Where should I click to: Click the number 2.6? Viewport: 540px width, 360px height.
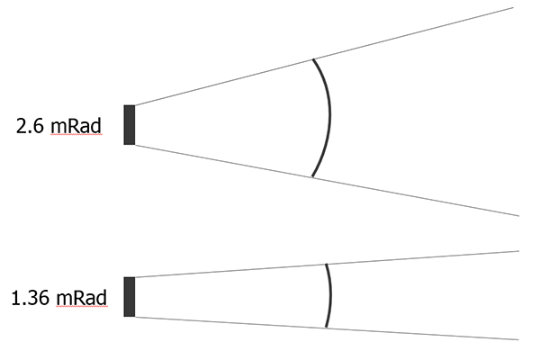coord(30,126)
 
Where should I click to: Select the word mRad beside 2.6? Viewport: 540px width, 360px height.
coord(76,126)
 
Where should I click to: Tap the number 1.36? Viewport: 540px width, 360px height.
coord(31,298)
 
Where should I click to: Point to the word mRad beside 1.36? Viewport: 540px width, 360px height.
coord(81,298)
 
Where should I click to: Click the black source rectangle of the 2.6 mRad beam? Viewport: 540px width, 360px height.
coord(130,125)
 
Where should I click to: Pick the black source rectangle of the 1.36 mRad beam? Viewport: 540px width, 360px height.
coord(130,297)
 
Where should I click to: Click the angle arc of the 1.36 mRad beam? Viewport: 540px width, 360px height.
coord(331,295)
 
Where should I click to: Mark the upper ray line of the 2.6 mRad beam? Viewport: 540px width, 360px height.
coord(324,56)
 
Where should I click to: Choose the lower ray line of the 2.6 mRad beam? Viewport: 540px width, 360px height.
coord(327,180)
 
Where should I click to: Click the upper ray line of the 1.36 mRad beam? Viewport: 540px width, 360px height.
coord(327,264)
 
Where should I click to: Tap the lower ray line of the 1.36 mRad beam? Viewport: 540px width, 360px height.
coord(327,328)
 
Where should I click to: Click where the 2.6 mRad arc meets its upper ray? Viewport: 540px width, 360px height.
coord(312,59)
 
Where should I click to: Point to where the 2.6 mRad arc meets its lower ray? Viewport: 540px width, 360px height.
coord(312,177)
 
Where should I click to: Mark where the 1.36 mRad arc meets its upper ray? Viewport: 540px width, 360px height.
coord(326,265)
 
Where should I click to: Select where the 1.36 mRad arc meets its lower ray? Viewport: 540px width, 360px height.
coord(326,328)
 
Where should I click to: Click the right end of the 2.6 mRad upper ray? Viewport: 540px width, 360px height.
coord(514,7)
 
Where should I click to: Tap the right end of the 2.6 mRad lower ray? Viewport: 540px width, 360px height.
coord(519,216)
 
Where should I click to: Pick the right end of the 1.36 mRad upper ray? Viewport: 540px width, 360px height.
coord(519,251)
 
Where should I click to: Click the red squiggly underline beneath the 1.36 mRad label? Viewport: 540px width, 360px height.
coord(81,306)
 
